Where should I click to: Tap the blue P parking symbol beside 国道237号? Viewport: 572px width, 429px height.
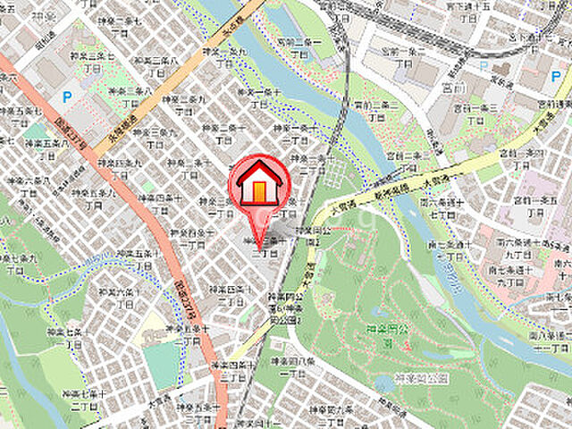pyautogui.click(x=66, y=97)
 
